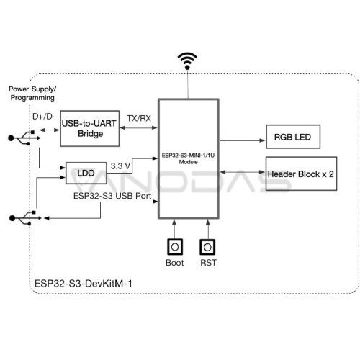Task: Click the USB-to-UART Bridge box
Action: (x=90, y=128)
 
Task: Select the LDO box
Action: (x=86, y=173)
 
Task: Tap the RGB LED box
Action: (x=293, y=137)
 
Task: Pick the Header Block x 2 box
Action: (x=301, y=174)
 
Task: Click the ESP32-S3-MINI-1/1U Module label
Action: (x=188, y=158)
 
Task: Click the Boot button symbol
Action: (x=175, y=247)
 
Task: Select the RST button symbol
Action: (x=207, y=247)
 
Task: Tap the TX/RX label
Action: (x=139, y=118)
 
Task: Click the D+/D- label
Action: (x=44, y=117)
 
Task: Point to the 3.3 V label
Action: (x=120, y=166)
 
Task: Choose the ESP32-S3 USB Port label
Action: (x=112, y=196)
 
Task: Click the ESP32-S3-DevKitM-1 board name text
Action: (x=84, y=284)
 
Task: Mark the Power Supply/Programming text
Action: (x=32, y=94)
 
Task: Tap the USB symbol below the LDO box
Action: (x=25, y=218)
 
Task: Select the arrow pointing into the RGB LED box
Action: (x=243, y=140)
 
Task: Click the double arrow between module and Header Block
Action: (x=243, y=172)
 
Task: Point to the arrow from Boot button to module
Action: (x=174, y=229)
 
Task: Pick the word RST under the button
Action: (x=208, y=263)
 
